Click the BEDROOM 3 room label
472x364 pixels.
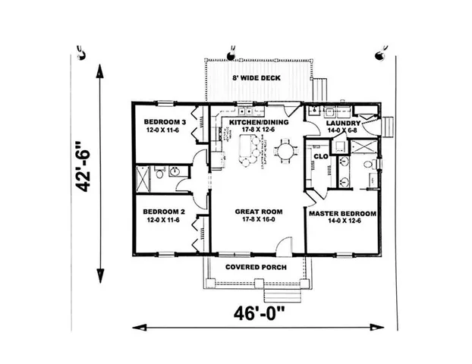pos(165,122)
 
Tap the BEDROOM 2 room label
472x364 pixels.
pos(165,211)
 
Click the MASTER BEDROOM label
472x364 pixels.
pos(341,214)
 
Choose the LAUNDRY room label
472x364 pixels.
pos(341,123)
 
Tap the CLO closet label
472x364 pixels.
pos(320,156)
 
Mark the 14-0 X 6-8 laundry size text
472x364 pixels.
pos(341,130)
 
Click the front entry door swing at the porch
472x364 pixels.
pos(283,247)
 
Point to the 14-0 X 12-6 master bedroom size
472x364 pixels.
pos(341,222)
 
